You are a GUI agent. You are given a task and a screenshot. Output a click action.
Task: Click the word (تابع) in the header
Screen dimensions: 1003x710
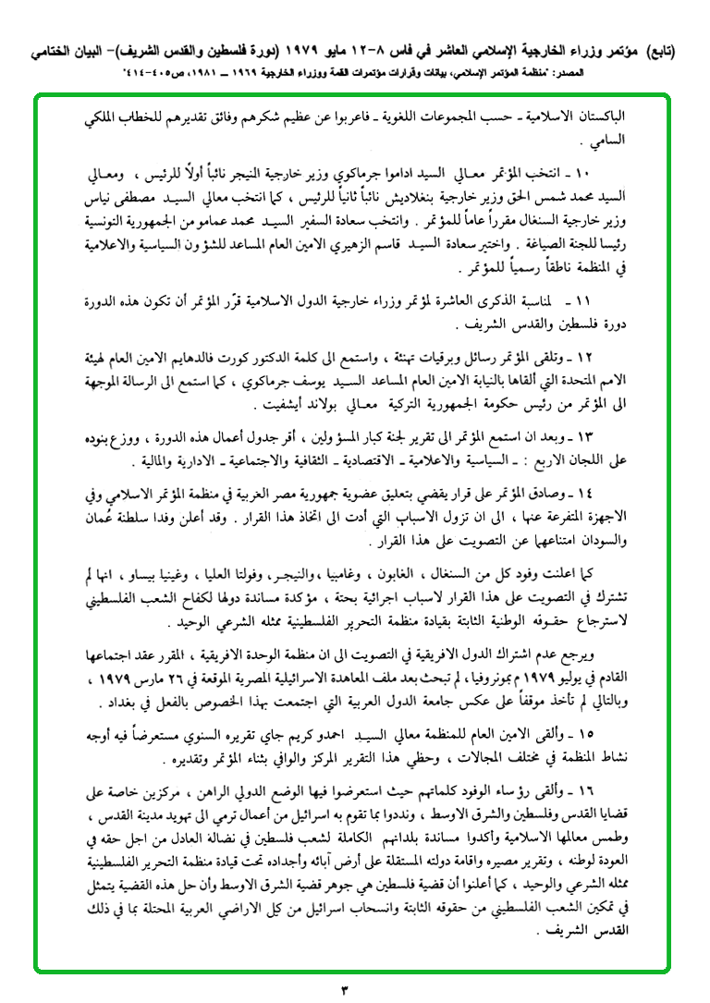pos(656,53)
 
